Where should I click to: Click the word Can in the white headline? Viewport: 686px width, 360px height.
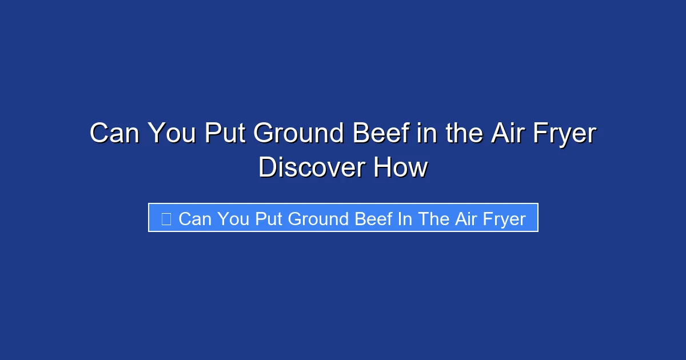115,134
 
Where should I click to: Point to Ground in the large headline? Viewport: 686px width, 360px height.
298,134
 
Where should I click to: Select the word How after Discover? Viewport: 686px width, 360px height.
400,168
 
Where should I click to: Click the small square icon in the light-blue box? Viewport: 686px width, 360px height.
166,218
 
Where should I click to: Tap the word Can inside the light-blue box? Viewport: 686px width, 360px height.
195,219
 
